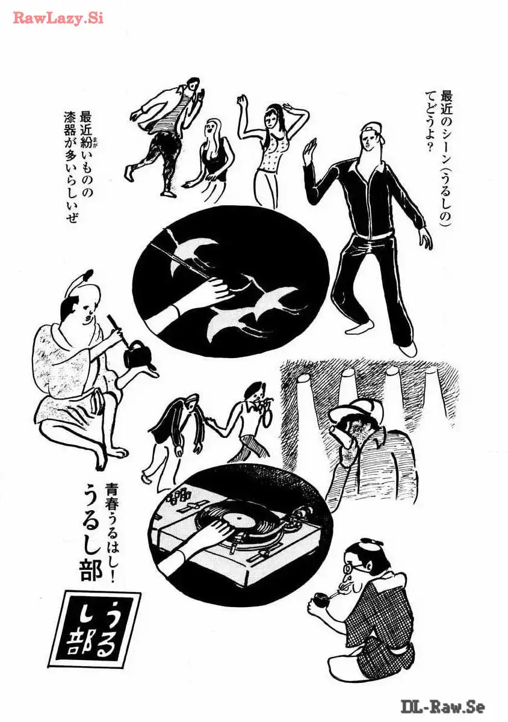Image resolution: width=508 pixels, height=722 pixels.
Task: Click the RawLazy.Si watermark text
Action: pyautogui.click(x=58, y=19)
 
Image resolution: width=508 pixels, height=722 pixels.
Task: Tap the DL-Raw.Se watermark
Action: pyautogui.click(x=443, y=706)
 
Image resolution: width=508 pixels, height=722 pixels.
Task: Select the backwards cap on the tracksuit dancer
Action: pyautogui.click(x=374, y=131)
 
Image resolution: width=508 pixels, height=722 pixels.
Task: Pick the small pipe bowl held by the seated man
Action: pyautogui.click(x=320, y=597)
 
